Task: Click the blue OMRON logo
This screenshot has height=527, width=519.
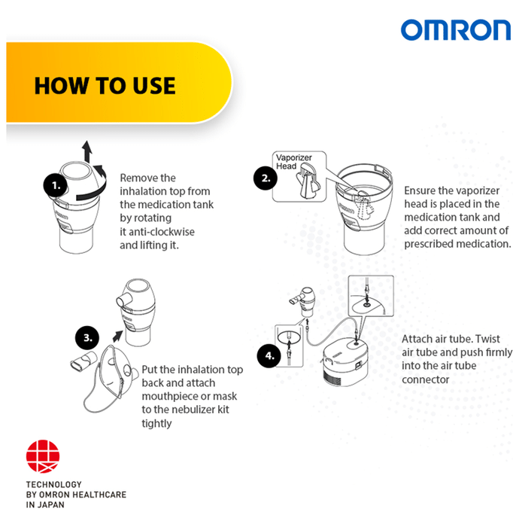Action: pyautogui.click(x=456, y=30)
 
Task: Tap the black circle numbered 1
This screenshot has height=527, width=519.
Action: pyautogui.click(x=56, y=185)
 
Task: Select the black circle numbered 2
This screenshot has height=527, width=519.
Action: pyautogui.click(x=266, y=178)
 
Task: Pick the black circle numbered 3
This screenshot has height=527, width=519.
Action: pyautogui.click(x=87, y=337)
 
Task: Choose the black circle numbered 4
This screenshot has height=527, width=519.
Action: pyautogui.click(x=269, y=355)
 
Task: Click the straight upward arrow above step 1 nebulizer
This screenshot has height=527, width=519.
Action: pyautogui.click(x=87, y=151)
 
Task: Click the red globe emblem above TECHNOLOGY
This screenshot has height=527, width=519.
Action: pyautogui.click(x=43, y=456)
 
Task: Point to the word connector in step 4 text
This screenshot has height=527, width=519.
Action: pyautogui.click(x=425, y=379)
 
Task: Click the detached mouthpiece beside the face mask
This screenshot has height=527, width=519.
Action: pyautogui.click(x=83, y=361)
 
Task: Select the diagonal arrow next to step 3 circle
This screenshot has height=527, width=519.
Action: pyautogui.click(x=117, y=336)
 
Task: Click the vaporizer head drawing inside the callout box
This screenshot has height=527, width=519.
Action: pyautogui.click(x=308, y=181)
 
